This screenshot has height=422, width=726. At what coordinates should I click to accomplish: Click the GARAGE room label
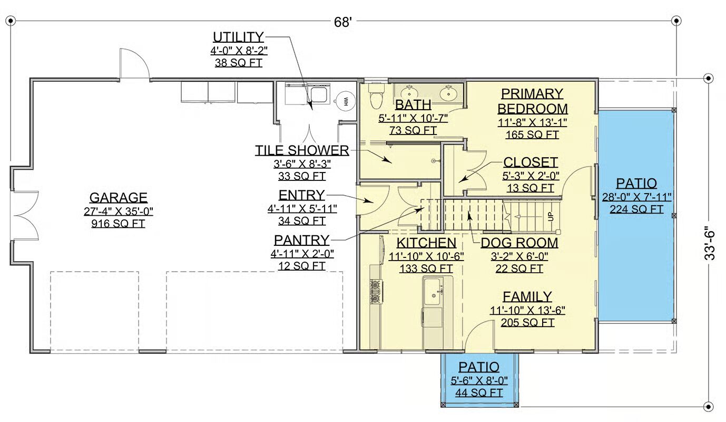tap(119, 197)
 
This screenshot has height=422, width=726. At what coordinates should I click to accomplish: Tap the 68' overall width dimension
tap(343, 22)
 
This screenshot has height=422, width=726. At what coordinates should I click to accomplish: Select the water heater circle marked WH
tap(346, 101)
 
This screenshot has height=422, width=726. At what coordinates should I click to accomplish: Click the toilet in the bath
tap(376, 97)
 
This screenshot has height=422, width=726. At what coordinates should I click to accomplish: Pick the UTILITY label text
tap(238, 37)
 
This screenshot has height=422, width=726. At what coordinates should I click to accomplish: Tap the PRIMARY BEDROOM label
tap(533, 101)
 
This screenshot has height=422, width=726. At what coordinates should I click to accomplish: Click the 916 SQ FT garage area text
tap(118, 223)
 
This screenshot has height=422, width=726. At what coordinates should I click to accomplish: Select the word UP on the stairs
tap(551, 216)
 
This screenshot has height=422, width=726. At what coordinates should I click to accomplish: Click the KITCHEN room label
tap(426, 243)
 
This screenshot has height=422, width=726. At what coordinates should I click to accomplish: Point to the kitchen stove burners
tap(376, 292)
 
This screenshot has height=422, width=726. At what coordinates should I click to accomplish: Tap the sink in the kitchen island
tap(433, 291)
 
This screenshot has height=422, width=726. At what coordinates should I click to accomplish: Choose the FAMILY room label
tap(527, 296)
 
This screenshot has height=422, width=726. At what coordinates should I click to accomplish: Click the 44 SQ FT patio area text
tap(479, 393)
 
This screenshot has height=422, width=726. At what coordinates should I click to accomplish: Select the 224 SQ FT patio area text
tap(636, 209)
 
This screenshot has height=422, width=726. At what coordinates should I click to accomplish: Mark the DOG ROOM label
tap(519, 243)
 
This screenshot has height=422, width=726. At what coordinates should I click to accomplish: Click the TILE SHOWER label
tap(302, 150)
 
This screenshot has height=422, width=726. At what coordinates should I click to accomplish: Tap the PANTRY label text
tap(302, 240)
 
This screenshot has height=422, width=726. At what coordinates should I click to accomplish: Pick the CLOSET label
tap(531, 162)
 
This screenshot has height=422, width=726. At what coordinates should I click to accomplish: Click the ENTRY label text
tap(302, 195)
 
